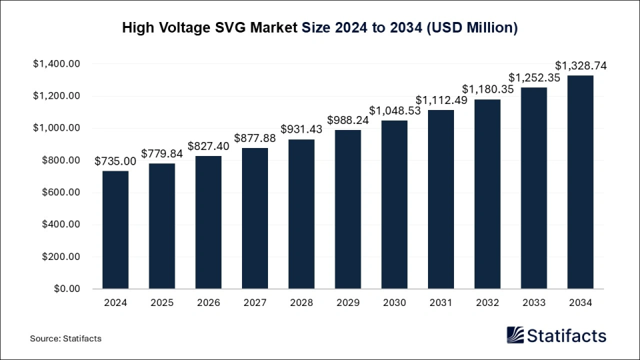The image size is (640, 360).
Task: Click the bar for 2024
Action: pos(115,230)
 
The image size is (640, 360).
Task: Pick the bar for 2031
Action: pos(441,199)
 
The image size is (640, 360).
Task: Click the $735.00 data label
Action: pos(115,161)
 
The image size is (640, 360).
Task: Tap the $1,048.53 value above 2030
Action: pos(395,111)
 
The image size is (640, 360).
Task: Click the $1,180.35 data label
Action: pos(487,89)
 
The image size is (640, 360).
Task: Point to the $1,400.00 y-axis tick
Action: pos(56,64)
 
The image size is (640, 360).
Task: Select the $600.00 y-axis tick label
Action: pos(61,193)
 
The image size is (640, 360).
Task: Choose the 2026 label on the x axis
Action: pos(208,302)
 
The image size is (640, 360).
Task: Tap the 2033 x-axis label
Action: pos(534,302)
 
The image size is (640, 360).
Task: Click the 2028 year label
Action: pos(301,302)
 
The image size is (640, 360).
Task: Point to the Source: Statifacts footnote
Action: pos(65,339)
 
